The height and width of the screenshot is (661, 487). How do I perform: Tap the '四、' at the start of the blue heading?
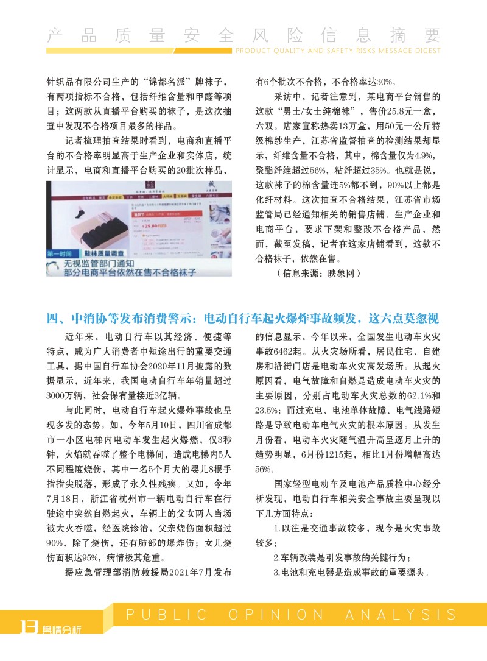tap(58, 318)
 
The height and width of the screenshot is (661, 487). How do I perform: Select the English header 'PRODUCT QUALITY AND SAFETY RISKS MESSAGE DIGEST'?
tap(337, 51)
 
